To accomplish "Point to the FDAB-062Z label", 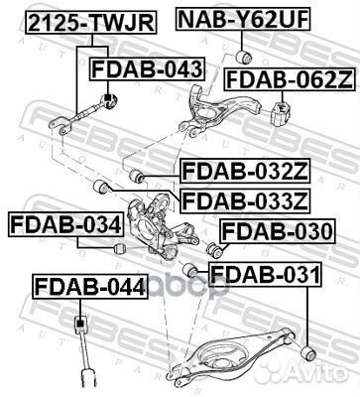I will pyautogui.click(x=286, y=79).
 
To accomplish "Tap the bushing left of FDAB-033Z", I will pyautogui.click(x=99, y=188).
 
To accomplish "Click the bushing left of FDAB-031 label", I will pyautogui.click(x=191, y=269).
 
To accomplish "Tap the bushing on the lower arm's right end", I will pyautogui.click(x=309, y=352).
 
